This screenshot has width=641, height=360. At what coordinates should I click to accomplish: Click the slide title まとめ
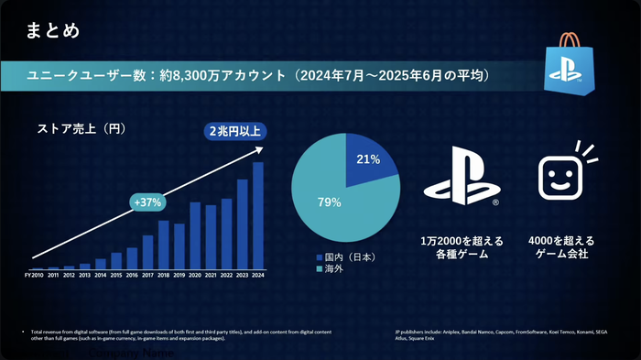point(53,29)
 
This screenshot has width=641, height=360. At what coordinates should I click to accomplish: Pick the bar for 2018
point(164,244)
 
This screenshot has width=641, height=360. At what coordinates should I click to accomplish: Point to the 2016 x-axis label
point(132,275)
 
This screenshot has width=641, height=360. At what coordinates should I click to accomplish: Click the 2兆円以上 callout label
point(234,132)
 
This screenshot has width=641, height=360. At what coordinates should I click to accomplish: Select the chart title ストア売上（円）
point(81,128)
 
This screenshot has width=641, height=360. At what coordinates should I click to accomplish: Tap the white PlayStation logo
point(461,178)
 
